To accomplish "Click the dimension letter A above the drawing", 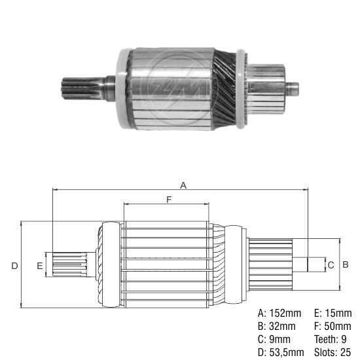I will (183, 185).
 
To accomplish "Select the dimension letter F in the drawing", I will (169, 200).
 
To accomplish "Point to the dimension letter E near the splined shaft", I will (40, 265).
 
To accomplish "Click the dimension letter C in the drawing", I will (331, 264).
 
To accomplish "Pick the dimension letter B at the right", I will (347, 264).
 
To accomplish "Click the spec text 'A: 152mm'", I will (280, 313).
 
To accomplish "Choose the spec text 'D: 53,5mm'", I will (281, 352).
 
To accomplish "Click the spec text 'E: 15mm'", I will (331, 313).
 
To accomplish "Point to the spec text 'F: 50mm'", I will (331, 326).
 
